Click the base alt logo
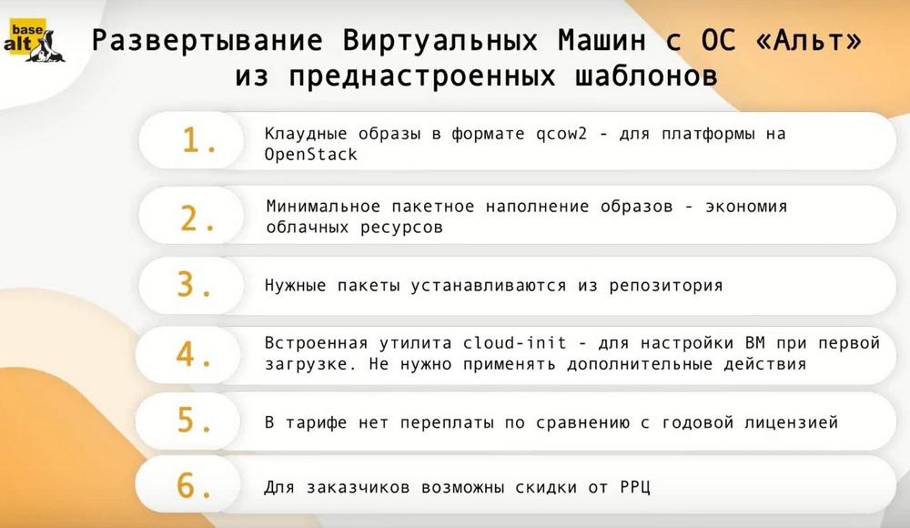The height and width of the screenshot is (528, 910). click(x=35, y=41)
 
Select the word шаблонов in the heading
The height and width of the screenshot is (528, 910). click(x=646, y=76)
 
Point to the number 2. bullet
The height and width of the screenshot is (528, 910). click(x=197, y=219)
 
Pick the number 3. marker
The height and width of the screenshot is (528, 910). click(x=195, y=285)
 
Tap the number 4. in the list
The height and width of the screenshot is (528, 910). click(x=194, y=354)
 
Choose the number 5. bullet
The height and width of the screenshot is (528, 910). click(x=195, y=420)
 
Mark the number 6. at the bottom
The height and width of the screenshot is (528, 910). click(x=195, y=485)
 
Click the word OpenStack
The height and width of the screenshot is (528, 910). click(x=311, y=155)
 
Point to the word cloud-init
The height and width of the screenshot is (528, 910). click(x=514, y=342)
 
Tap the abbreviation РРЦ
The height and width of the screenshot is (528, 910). click(x=635, y=487)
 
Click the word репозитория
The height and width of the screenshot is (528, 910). click(x=666, y=286)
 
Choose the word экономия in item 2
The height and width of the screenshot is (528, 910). click(x=746, y=207)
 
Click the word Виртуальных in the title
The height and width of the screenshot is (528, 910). click(x=440, y=41)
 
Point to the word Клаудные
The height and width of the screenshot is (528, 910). click(x=306, y=134)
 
